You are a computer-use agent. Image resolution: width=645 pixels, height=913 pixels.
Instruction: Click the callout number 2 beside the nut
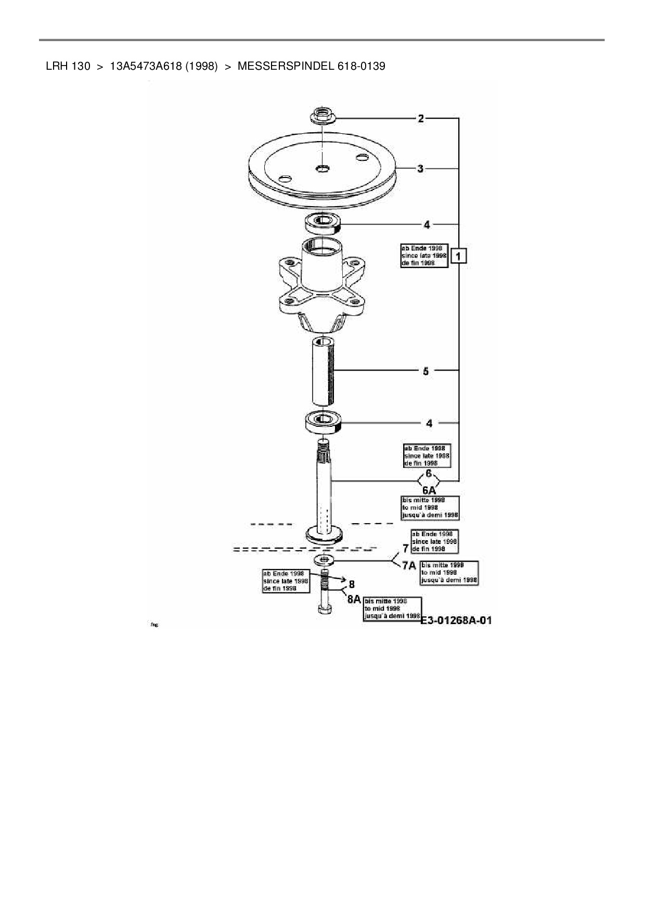tap(421, 119)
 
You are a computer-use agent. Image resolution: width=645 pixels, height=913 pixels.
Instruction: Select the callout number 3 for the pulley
tap(420, 169)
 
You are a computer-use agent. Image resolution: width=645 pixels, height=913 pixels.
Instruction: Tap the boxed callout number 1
tap(459, 256)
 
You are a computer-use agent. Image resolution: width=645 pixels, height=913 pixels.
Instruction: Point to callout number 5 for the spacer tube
tap(425, 371)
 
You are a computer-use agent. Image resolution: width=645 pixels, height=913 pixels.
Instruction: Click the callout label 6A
tap(429, 490)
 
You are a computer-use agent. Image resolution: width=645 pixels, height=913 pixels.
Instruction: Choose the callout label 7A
tap(409, 566)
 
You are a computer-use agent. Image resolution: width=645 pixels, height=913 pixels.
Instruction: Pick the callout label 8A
tap(354, 599)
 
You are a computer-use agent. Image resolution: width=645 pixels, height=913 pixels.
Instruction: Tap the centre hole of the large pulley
tap(322, 168)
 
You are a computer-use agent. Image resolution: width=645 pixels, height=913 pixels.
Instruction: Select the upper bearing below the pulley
tap(322, 223)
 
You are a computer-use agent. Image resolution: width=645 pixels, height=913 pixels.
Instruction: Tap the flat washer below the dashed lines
tap(325, 560)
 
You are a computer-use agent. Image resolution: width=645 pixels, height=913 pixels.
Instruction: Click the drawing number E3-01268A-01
tap(456, 620)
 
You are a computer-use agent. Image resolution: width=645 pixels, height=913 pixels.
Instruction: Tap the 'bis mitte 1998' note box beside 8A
tap(392, 608)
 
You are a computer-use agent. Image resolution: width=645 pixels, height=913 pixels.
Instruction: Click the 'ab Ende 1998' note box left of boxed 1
tap(423, 256)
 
